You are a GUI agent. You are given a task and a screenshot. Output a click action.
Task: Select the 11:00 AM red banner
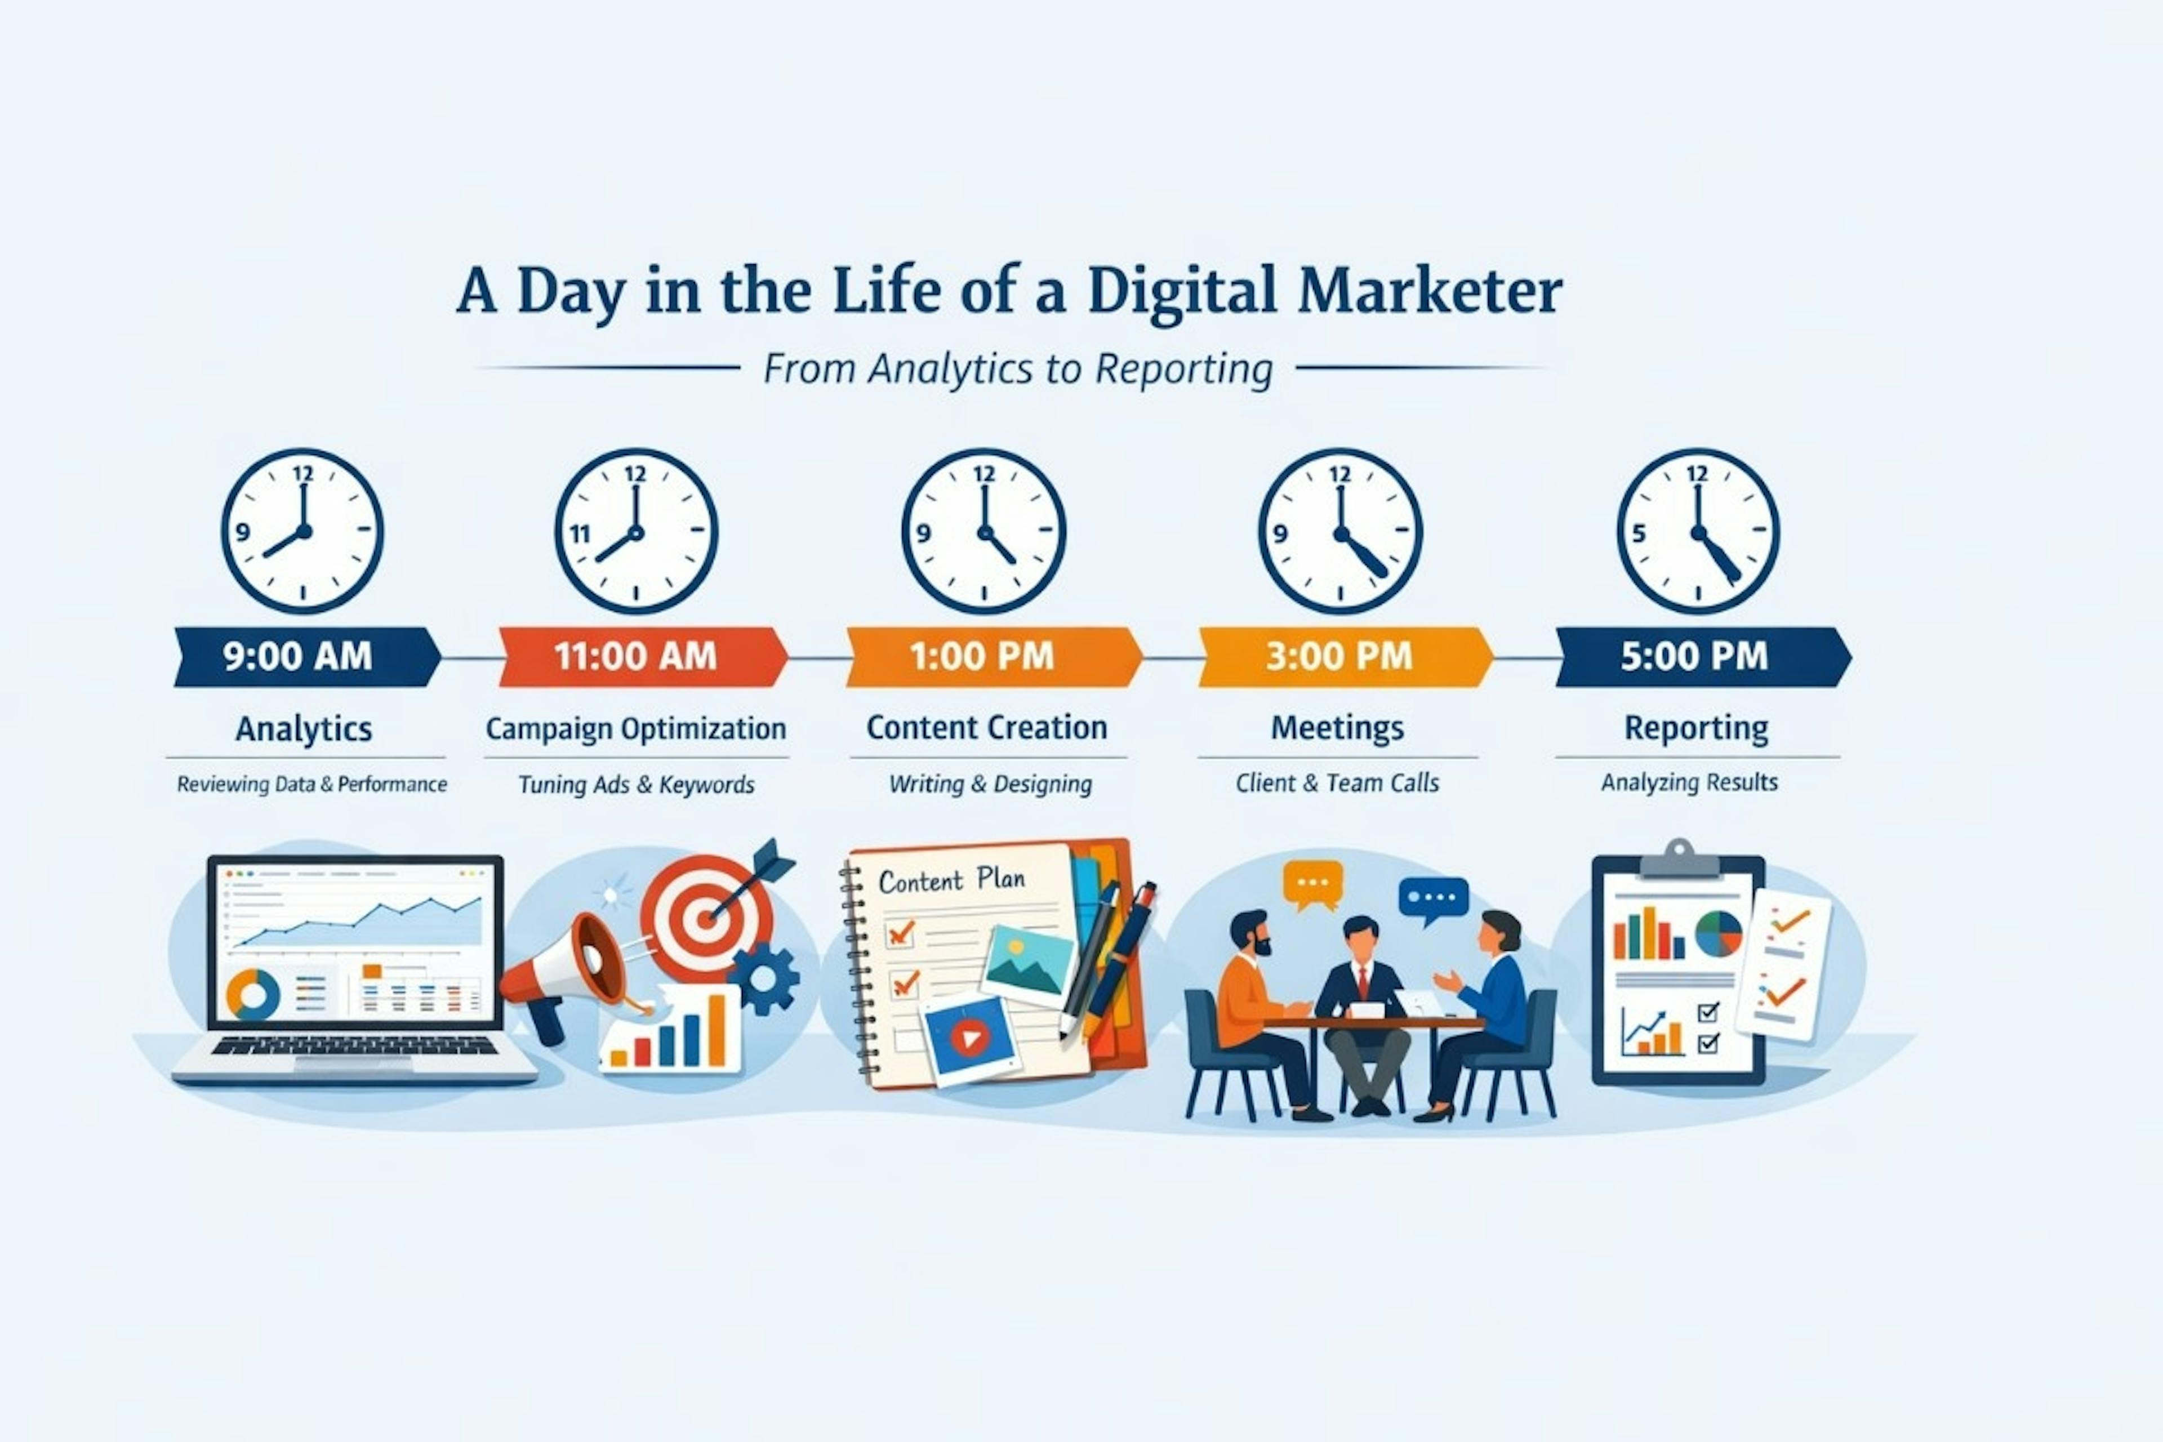(x=637, y=657)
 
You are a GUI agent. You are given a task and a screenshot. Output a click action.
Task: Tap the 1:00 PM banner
(x=982, y=657)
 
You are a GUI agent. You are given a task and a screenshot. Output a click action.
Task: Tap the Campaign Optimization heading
(x=635, y=728)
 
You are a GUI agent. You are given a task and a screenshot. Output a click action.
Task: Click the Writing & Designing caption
(x=990, y=785)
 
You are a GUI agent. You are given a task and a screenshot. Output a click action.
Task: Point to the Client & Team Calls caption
(x=1337, y=784)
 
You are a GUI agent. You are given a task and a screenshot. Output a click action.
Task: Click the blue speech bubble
(x=1433, y=897)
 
